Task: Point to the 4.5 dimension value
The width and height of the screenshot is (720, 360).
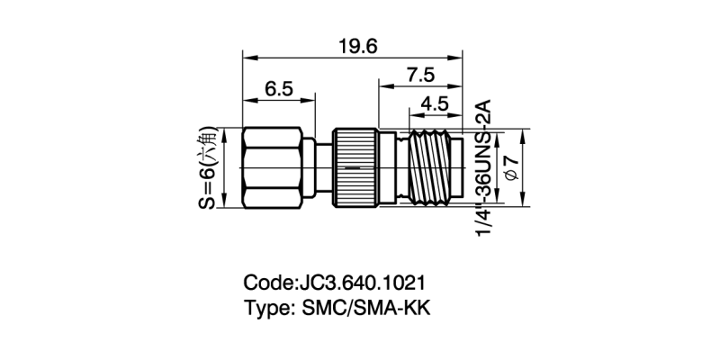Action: point(435,103)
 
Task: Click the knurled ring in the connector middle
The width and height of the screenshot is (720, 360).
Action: point(355,168)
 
